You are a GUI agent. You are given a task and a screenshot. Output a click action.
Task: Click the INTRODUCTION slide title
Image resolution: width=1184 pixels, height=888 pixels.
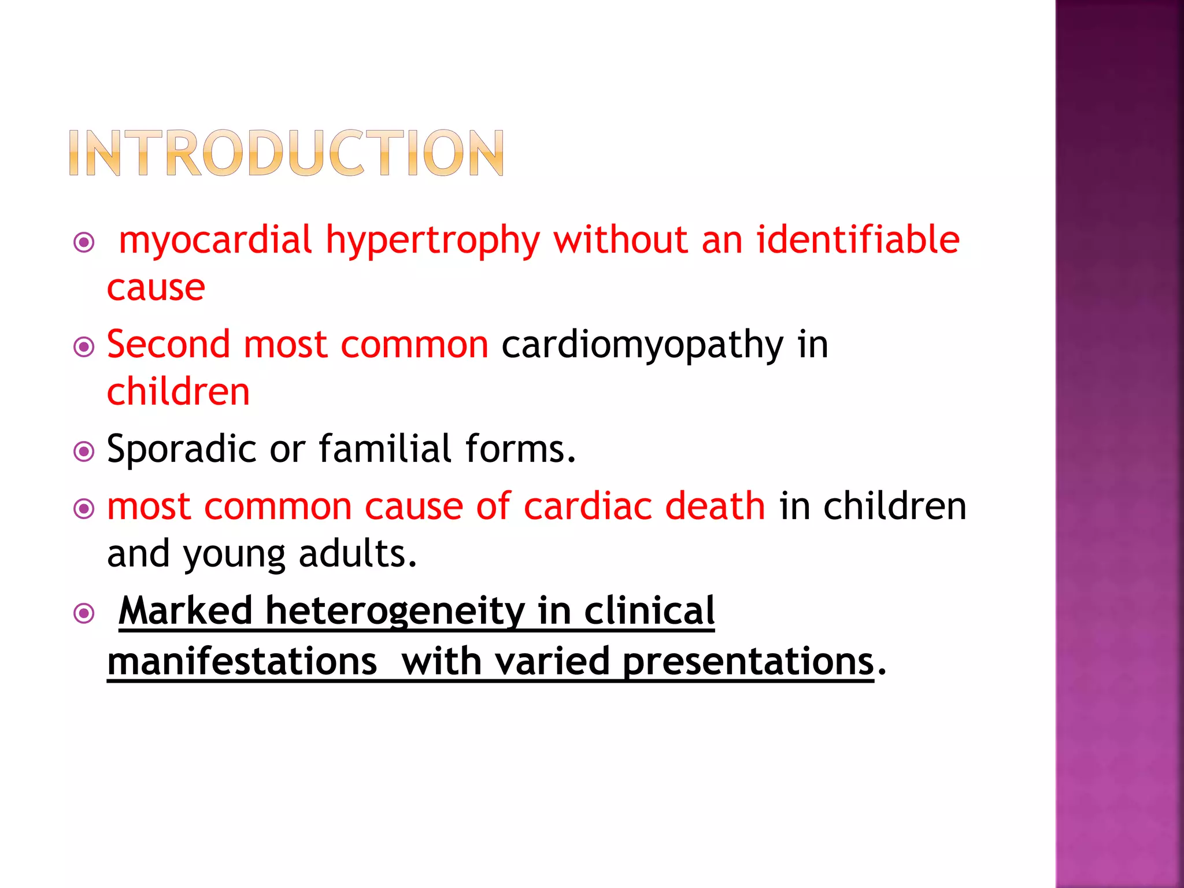pos(286,153)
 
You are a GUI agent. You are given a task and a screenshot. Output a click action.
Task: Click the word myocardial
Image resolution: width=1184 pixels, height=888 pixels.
pos(215,240)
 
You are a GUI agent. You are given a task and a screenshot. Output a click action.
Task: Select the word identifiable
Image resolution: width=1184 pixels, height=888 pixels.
pos(858,239)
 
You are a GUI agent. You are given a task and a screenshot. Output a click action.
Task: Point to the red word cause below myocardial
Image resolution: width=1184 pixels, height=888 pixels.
pos(156,287)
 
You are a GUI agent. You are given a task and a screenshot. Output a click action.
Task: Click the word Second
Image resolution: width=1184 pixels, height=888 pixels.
pos(168,345)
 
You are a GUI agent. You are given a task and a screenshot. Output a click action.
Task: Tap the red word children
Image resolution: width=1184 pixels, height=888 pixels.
pos(179,392)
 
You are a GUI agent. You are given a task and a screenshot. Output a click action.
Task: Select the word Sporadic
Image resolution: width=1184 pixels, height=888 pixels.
pos(182,449)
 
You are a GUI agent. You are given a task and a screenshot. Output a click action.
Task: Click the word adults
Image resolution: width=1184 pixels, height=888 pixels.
pos(357,554)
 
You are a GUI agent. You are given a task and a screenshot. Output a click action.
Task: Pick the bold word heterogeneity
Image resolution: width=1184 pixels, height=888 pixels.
pos(395,612)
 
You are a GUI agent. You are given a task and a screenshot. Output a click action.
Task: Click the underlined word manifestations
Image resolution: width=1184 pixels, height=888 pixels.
pos(242,661)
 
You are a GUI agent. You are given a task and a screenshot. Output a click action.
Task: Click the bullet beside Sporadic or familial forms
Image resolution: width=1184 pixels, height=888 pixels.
pos(84,451)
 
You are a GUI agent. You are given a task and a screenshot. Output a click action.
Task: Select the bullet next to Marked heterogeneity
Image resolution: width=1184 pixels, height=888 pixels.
pos(84,613)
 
